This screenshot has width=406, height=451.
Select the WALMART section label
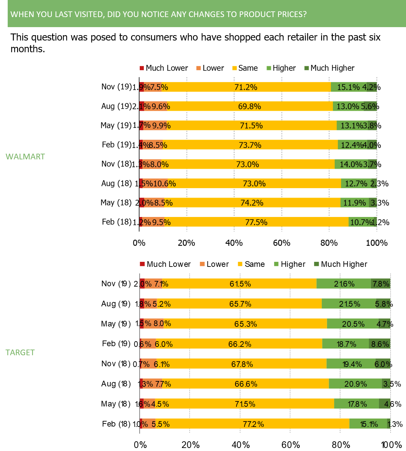point(25,157)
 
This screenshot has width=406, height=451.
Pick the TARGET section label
point(20,353)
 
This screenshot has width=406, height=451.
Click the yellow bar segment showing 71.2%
point(246,87)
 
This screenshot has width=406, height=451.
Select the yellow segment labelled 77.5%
point(256,222)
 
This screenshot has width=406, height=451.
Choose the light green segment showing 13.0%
point(348,106)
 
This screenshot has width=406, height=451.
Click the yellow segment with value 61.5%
point(240,284)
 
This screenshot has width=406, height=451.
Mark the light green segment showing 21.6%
point(344,284)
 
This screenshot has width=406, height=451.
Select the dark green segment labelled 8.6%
point(380,344)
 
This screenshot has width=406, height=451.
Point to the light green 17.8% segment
point(357,404)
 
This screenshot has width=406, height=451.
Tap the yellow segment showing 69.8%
point(249,106)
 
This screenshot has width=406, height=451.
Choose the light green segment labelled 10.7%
point(361,222)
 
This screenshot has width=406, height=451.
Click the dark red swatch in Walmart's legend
point(142,68)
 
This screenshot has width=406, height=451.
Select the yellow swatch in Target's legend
point(240,264)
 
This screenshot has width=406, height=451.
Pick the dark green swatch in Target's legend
point(317,264)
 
